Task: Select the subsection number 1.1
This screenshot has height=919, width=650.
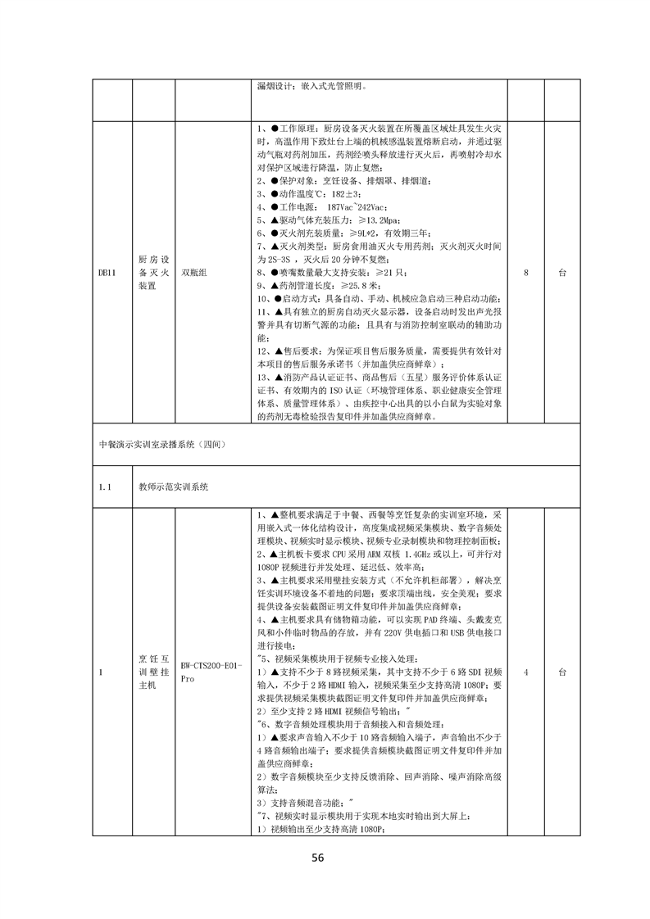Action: pyautogui.click(x=104, y=487)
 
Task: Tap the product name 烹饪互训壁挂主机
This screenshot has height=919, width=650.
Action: pyautogui.click(x=153, y=672)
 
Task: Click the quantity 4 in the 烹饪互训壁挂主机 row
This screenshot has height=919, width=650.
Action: pyautogui.click(x=525, y=672)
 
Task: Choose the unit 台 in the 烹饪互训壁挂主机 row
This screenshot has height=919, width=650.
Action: pyautogui.click(x=561, y=672)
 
